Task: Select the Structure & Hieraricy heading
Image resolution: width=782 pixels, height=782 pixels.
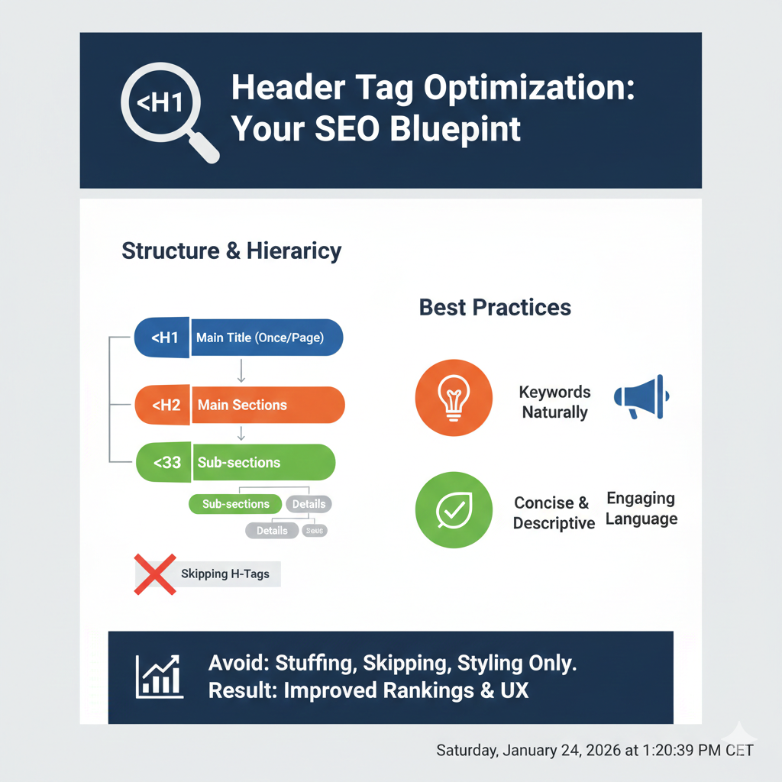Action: (x=231, y=251)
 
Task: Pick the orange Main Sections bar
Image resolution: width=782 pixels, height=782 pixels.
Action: (x=267, y=405)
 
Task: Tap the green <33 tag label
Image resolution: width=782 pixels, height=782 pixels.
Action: (x=166, y=463)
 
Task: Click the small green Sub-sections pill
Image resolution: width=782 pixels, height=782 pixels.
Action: (x=235, y=504)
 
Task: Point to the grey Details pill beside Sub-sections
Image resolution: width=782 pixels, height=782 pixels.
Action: (x=309, y=504)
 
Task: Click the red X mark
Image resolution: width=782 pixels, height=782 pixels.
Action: (x=155, y=574)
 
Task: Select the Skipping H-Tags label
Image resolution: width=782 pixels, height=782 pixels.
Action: (x=225, y=574)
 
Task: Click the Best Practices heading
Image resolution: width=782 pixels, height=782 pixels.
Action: (x=495, y=308)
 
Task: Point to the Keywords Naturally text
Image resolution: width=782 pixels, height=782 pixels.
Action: (x=554, y=402)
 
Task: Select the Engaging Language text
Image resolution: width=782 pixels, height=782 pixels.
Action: (x=641, y=509)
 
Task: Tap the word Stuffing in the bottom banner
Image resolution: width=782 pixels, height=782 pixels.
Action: (x=312, y=663)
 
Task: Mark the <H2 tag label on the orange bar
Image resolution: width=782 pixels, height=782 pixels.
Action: (x=166, y=405)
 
